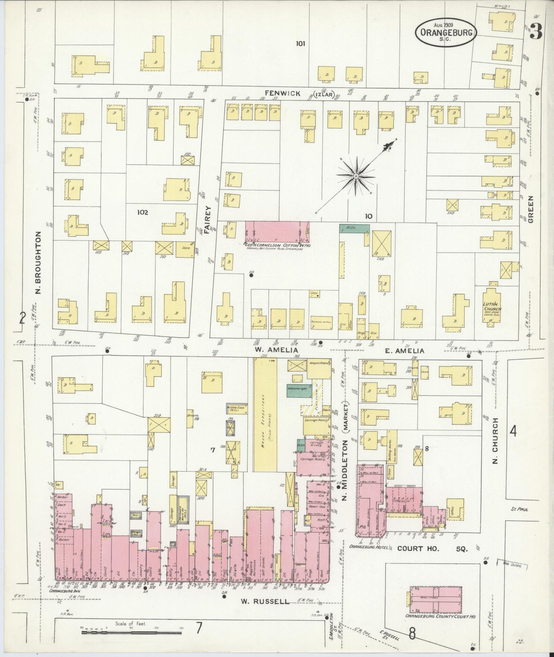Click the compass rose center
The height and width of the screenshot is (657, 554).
tap(356, 176)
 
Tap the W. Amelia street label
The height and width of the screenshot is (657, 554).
tap(270, 350)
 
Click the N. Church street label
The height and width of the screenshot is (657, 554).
tap(495, 441)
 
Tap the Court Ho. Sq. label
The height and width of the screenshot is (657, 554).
tap(432, 549)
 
